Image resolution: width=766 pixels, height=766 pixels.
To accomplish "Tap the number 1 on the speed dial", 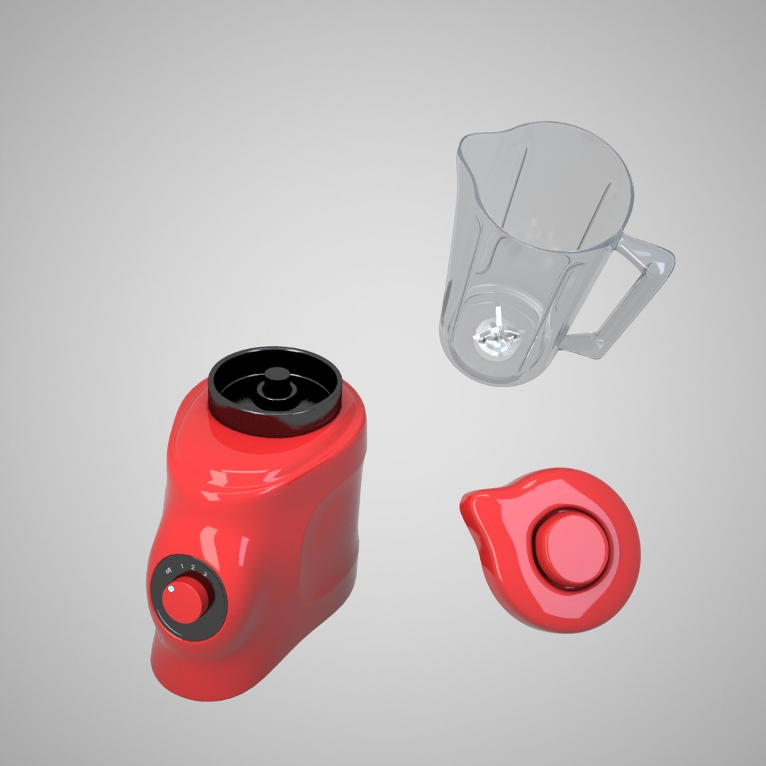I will point(182,566).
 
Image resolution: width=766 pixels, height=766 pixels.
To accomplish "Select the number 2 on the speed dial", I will point(194,567).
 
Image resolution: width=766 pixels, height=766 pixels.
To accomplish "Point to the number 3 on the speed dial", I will point(205,572).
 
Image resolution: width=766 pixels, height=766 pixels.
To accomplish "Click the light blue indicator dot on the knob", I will point(172,589).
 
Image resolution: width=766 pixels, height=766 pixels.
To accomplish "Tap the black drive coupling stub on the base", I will point(272,387).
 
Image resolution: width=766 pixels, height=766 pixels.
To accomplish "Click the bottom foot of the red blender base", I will point(213,684).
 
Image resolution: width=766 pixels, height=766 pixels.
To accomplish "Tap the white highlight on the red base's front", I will point(213,489).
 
